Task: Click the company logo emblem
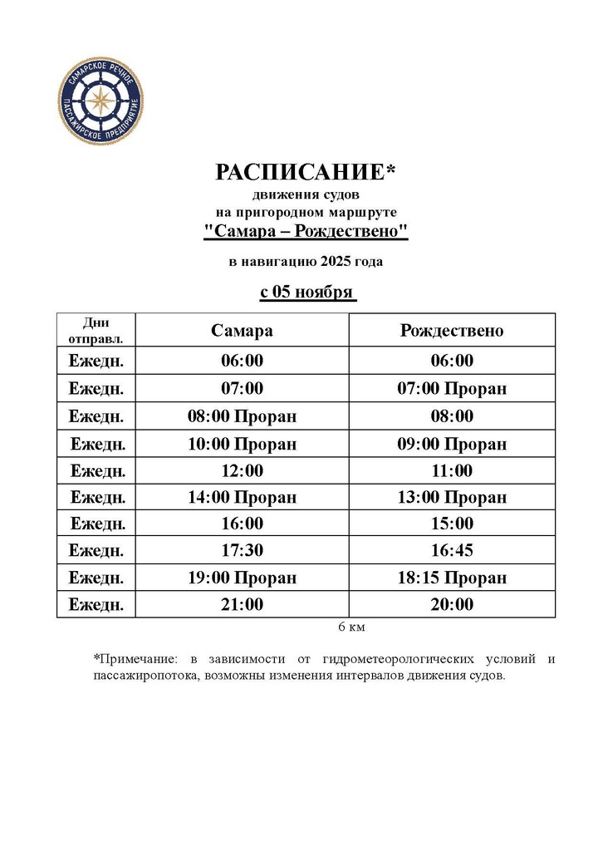[x=102, y=102]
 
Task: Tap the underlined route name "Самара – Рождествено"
[x=306, y=231]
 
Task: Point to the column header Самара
[x=242, y=330]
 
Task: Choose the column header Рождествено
[x=452, y=330]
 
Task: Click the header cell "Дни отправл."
[x=96, y=330]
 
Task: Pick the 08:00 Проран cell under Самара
[x=242, y=416]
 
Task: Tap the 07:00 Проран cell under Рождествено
[x=452, y=388]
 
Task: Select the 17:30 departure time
[x=242, y=550]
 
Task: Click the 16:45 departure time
[x=452, y=550]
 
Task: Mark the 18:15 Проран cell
[x=452, y=578]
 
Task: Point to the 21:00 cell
[x=242, y=604]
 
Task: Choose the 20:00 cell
[x=452, y=604]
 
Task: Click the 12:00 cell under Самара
[x=242, y=470]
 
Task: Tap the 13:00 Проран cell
[x=452, y=497]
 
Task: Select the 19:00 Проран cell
[x=242, y=578]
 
